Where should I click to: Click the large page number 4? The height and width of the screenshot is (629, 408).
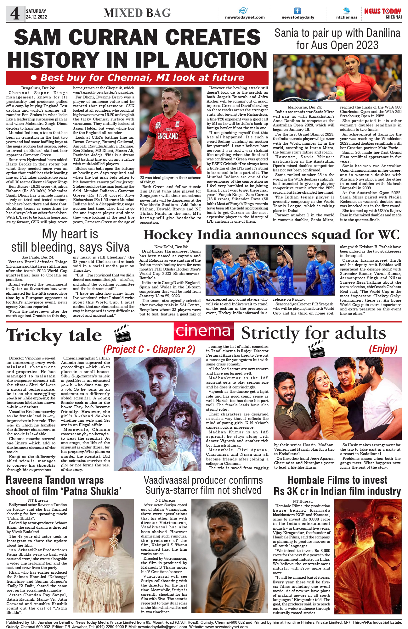pos(15,14)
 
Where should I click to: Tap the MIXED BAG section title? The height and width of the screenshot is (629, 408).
pos(137,13)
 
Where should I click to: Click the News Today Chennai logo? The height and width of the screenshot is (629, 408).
pos(382,13)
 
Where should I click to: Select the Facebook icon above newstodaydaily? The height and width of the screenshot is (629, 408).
pos(297,11)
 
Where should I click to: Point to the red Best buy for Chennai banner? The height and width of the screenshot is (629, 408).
pos(137,78)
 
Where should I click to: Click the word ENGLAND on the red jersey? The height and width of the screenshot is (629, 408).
pos(168,136)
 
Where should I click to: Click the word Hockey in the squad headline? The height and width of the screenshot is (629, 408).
pos(168,235)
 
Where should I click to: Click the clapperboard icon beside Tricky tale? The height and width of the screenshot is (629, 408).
pos(122,334)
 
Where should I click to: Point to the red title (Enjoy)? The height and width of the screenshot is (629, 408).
pos(383,349)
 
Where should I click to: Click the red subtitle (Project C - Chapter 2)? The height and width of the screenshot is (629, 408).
pos(149,349)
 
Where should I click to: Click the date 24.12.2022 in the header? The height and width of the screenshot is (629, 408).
pos(37,17)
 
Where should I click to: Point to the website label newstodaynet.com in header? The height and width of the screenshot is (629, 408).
pos(245,17)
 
